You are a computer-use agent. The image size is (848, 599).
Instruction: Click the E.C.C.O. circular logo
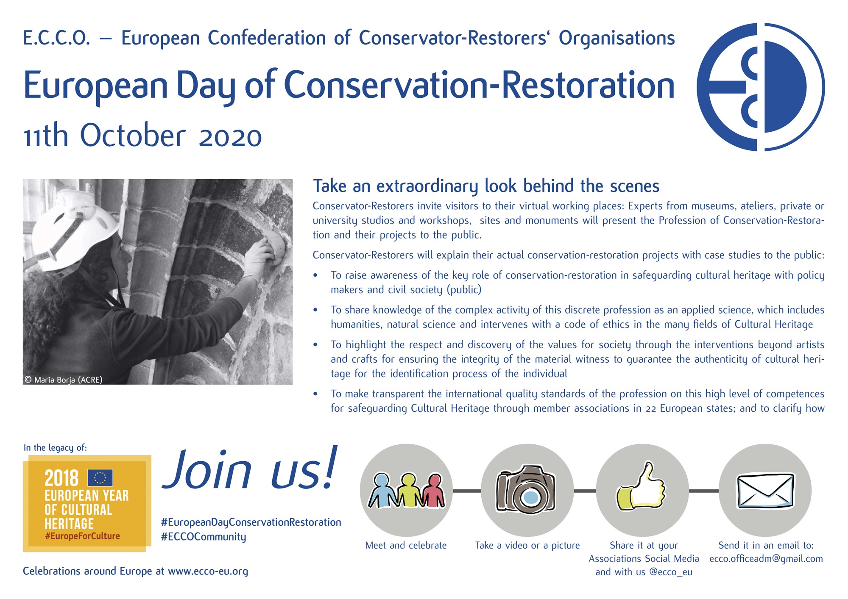coord(760,87)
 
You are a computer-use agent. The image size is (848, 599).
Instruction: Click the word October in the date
coord(133,135)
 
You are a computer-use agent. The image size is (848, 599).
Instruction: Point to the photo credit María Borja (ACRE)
coord(64,380)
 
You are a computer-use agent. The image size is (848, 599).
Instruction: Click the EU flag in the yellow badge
coord(100,477)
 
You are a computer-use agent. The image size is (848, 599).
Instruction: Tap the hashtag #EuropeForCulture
coord(82,536)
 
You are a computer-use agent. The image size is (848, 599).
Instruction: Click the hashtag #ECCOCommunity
coord(204,537)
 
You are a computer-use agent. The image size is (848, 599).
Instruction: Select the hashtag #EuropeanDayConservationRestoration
coord(251,523)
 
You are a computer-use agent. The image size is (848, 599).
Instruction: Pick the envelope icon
coord(765,491)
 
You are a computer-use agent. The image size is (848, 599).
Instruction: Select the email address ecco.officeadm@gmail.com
coord(766,559)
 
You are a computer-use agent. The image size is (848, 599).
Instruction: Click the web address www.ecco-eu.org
coord(208,571)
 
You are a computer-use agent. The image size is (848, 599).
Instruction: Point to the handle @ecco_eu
coord(671,572)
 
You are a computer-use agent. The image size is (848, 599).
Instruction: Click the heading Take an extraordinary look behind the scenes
coord(486,186)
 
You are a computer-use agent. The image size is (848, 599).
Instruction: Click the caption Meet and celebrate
coord(406,546)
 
